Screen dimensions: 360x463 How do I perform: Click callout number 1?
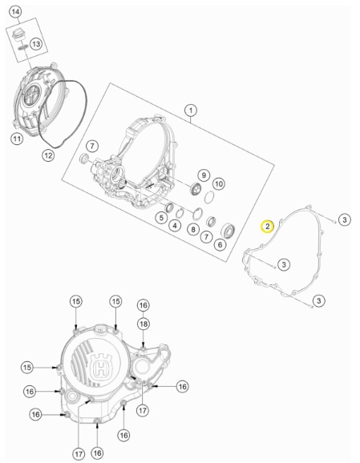click(191, 111)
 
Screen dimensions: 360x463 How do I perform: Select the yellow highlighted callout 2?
click(267, 227)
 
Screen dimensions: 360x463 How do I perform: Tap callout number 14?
click(16, 12)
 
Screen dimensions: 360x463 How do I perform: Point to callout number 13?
click(36, 44)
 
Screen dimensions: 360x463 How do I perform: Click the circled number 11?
click(17, 139)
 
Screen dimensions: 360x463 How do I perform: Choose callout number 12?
click(48, 155)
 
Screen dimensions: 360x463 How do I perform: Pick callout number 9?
click(204, 175)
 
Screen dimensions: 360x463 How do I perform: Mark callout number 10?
click(219, 184)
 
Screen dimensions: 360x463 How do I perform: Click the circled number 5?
click(161, 218)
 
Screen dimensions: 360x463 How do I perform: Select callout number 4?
click(175, 226)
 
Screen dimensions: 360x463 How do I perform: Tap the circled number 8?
click(193, 229)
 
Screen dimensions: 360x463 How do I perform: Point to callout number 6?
click(220, 244)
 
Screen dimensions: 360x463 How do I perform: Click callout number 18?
click(144, 324)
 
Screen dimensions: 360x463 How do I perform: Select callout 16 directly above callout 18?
click(144, 305)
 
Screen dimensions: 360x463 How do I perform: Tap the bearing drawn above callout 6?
click(229, 231)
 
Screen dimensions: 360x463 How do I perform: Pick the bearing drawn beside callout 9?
click(196, 189)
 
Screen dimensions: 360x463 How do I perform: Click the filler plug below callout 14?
click(18, 34)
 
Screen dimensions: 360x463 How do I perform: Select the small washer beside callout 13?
click(23, 47)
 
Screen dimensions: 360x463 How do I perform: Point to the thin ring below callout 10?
click(209, 197)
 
